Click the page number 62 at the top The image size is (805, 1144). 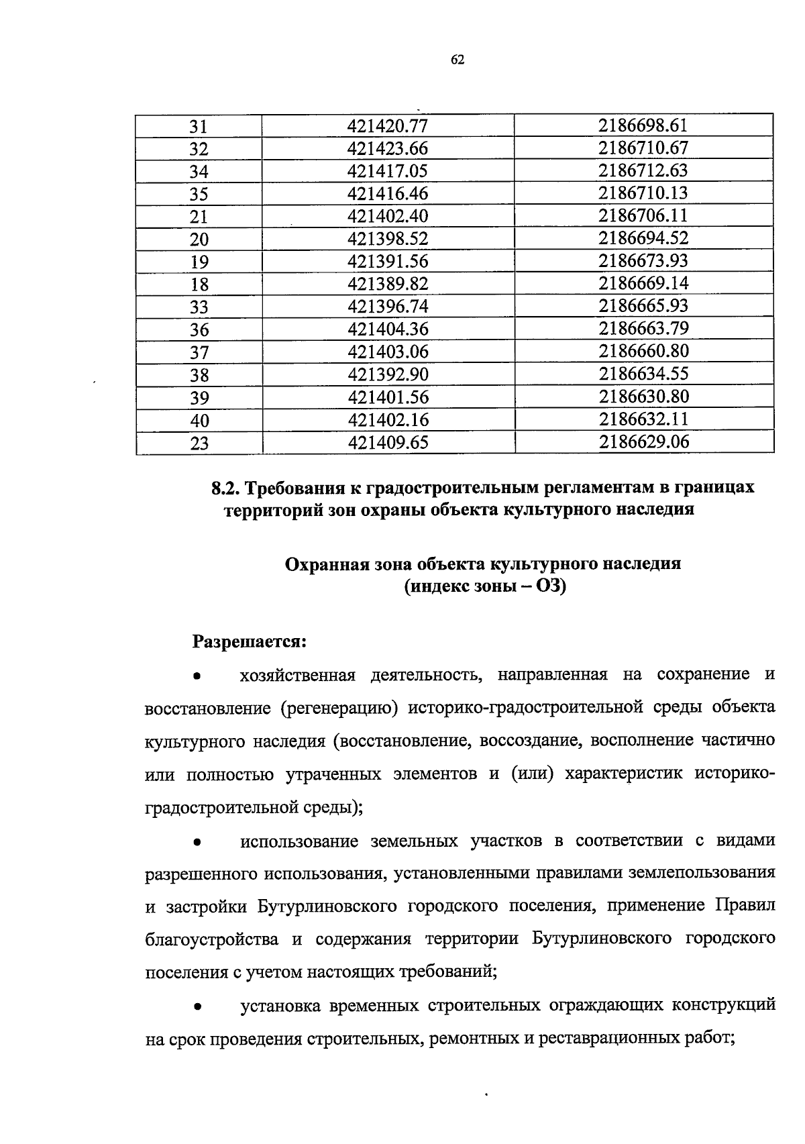click(x=458, y=60)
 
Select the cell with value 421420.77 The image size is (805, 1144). click(x=388, y=125)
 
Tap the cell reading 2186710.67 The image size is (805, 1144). click(x=643, y=148)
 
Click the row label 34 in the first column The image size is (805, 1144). click(x=199, y=171)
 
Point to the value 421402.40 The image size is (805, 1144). click(x=388, y=216)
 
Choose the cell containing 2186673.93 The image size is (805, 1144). click(x=643, y=260)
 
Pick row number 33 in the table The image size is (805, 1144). click(x=199, y=307)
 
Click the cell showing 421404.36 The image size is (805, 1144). click(x=388, y=329)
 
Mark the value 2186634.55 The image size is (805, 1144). click(x=643, y=374)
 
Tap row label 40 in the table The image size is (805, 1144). click(x=199, y=420)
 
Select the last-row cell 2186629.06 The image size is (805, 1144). click(x=644, y=441)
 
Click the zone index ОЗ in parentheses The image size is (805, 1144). click(x=546, y=586)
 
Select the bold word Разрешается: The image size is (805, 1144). click(x=250, y=641)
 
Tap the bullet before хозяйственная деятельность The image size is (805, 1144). click(x=197, y=677)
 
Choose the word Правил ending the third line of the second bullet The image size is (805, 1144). click(x=745, y=906)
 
